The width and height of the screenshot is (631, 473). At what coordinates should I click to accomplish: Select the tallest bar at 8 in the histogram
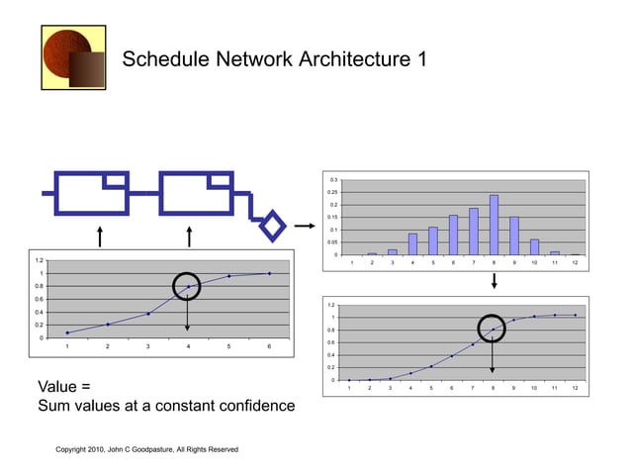494,225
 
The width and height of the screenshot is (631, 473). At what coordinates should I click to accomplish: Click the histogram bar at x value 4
412,243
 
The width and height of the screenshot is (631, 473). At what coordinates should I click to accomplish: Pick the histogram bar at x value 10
534,246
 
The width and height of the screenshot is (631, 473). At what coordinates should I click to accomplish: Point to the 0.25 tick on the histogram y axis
333,192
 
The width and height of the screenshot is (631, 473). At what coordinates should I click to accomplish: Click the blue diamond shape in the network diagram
271,224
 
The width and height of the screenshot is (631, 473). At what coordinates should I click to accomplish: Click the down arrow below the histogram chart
494,282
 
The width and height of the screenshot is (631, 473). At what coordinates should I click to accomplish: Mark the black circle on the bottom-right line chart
493,330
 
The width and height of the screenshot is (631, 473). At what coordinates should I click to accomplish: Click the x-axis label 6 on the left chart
269,347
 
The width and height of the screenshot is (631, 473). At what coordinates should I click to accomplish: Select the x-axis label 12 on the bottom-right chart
575,389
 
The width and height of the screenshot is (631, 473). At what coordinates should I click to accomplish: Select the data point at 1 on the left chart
67,332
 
